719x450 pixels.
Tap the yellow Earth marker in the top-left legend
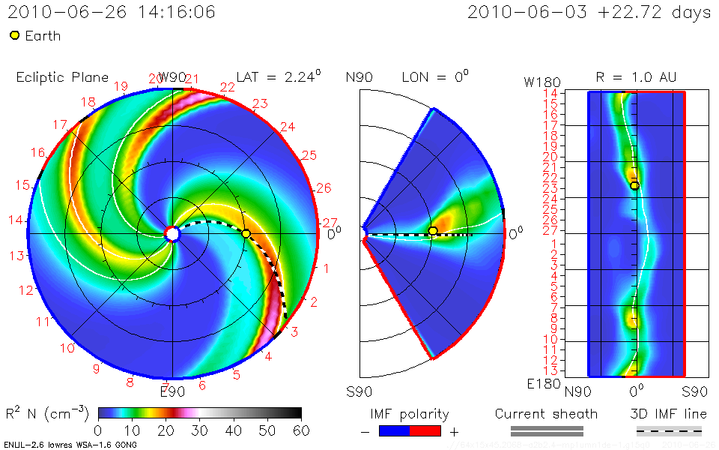tap(14, 36)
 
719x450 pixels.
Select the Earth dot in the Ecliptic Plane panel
tap(246, 234)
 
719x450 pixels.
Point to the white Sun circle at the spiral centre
tap(172, 234)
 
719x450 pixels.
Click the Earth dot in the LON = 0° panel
tap(432, 231)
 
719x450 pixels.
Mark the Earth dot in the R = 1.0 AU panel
tap(634, 185)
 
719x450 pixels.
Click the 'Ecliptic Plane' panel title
tap(62, 77)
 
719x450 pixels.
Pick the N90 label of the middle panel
tap(359, 77)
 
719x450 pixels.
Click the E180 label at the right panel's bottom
tap(541, 384)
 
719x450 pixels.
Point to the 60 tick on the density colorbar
tap(301, 430)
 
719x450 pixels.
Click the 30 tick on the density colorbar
tap(199, 430)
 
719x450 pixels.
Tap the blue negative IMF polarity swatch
tap(395, 430)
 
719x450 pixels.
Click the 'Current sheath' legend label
tap(546, 414)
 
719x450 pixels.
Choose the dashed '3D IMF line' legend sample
tap(669, 430)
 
